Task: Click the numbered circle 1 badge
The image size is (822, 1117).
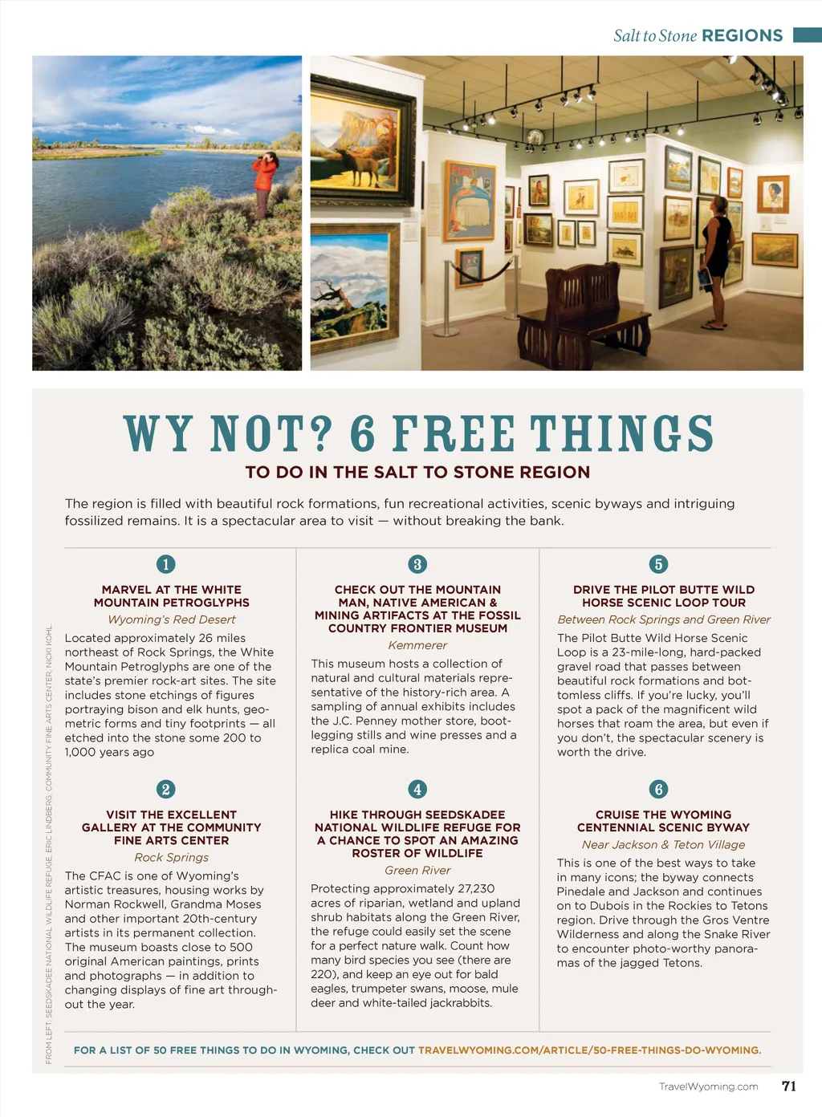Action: tap(165, 564)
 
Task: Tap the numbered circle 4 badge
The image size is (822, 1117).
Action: tap(417, 789)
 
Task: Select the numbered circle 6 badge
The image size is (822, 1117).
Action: tap(658, 789)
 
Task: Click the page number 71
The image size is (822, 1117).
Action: tap(789, 1086)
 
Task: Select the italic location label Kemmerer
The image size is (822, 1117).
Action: tap(417, 645)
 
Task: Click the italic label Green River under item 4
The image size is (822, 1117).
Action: tap(417, 870)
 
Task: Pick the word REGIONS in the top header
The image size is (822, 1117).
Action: tap(742, 35)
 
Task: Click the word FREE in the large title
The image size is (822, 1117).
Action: tap(454, 434)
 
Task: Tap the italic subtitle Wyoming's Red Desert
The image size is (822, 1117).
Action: tap(172, 619)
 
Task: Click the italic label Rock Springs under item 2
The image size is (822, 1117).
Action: tap(172, 857)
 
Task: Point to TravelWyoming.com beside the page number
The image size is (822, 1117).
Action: tap(708, 1087)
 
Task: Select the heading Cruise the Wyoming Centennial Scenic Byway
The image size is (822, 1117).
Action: tap(663, 821)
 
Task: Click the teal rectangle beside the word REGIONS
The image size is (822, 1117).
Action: tap(807, 35)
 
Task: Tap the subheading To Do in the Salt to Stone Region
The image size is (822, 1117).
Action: tap(417, 472)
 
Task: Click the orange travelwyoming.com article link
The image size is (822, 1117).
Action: tap(589, 1050)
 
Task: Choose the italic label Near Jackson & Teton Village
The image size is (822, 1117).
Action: tap(663, 844)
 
